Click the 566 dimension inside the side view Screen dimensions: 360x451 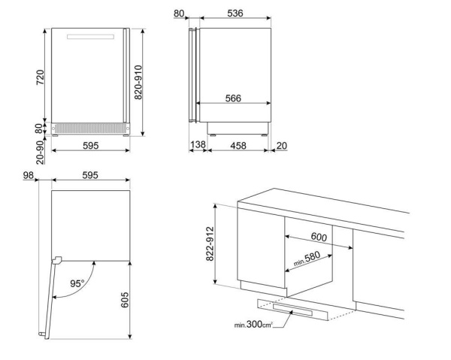(233, 98)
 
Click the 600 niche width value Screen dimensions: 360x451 (319, 237)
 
